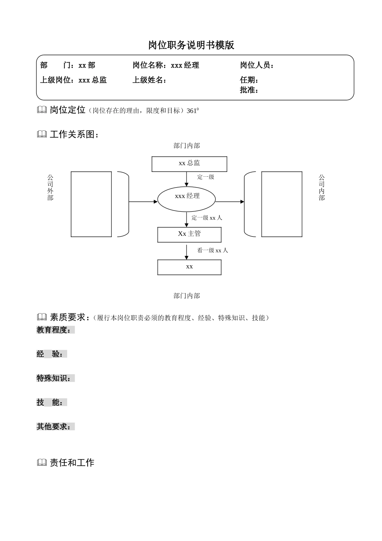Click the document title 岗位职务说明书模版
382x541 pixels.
pyautogui.click(x=191, y=45)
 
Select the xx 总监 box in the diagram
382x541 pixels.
pyautogui.click(x=189, y=164)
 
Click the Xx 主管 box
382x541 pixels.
pyautogui.click(x=189, y=234)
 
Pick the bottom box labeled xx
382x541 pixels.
pyautogui.click(x=189, y=267)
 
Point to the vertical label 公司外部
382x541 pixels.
pyautogui.click(x=50, y=187)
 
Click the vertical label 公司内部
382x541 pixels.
pyautogui.click(x=322, y=187)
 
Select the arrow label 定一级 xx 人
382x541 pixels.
pyautogui.click(x=207, y=218)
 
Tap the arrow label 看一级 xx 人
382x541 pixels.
pyautogui.click(x=212, y=250)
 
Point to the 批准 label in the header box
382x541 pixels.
pyautogui.click(x=249, y=90)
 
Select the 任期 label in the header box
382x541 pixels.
pyautogui.click(x=249, y=80)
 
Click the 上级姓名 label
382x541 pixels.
pyautogui.click(x=150, y=80)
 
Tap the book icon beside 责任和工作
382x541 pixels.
pyautogui.click(x=42, y=463)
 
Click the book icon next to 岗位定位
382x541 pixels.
pyautogui.click(x=42, y=110)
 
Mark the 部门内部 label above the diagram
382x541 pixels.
pyautogui.click(x=187, y=146)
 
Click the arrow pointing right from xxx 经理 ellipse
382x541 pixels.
pyautogui.click(x=230, y=201)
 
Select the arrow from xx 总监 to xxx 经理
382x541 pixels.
pyautogui.click(x=187, y=179)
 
